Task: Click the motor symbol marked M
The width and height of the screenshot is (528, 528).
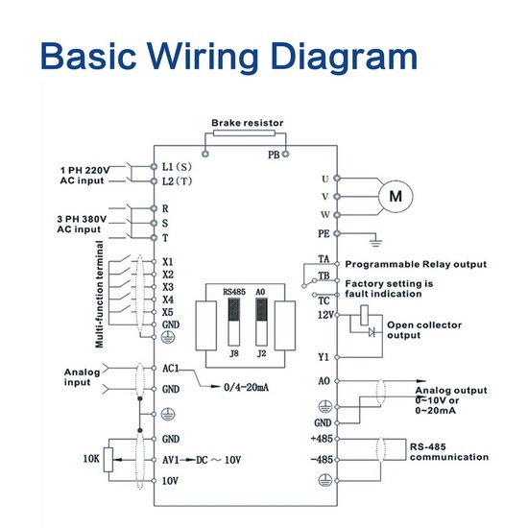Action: pyautogui.click(x=396, y=196)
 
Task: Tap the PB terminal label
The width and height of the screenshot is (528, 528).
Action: pyautogui.click(x=274, y=155)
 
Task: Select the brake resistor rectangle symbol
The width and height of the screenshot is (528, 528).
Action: pyautogui.click(x=244, y=133)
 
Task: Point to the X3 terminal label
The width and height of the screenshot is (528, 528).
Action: pyautogui.click(x=168, y=287)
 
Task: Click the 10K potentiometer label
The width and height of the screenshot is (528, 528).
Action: pyautogui.click(x=91, y=459)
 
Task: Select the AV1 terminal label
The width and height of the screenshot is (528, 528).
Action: pyautogui.click(x=171, y=460)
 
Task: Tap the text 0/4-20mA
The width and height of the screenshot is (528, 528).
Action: pyautogui.click(x=246, y=387)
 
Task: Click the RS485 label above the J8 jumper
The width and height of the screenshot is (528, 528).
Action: pyautogui.click(x=234, y=292)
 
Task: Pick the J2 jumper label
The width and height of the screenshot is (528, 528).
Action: pyautogui.click(x=262, y=353)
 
